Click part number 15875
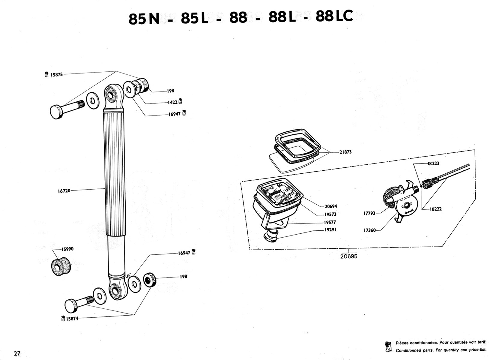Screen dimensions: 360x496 pos(57,75)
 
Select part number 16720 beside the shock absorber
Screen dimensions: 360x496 pos(64,191)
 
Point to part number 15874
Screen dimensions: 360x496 pos(72,319)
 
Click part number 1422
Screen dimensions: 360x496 pos(172,102)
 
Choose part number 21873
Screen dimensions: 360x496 pos(345,152)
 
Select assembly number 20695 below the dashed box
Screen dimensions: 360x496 pos(349,256)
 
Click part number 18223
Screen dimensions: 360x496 pos(433,163)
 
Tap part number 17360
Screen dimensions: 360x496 pos(369,230)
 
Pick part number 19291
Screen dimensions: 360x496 pos(330,230)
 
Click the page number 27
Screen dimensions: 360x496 pos(17,353)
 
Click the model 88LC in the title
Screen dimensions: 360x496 pos(334,17)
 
